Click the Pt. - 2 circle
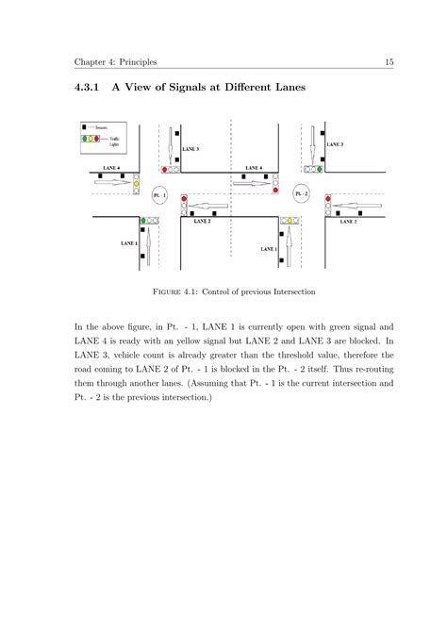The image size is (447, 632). point(300,194)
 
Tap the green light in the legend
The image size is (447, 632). point(84,138)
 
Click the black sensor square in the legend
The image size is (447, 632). point(84,125)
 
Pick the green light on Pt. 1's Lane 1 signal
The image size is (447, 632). point(143,220)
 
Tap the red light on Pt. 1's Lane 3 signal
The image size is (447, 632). point(165,170)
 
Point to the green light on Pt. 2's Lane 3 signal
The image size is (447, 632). point(320,170)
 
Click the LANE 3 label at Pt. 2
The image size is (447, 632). point(336,144)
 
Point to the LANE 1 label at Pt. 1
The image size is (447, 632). point(128,242)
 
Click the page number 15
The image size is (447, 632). point(388,63)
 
